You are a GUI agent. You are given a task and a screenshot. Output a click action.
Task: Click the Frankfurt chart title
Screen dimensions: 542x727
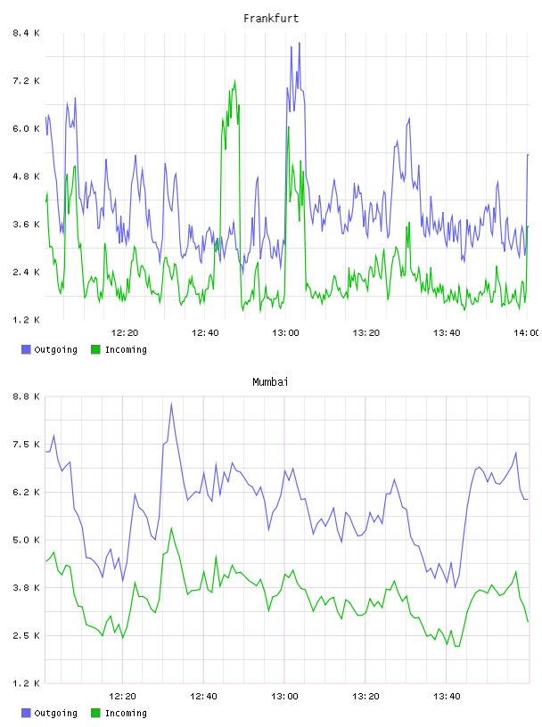[x=271, y=19]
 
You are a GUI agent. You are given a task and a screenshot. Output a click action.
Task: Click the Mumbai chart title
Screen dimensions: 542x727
[x=270, y=382]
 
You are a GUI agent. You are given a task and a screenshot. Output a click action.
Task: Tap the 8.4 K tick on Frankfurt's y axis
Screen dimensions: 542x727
[x=27, y=33]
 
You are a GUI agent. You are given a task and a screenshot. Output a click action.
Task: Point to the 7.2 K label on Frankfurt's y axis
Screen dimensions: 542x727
[x=27, y=81]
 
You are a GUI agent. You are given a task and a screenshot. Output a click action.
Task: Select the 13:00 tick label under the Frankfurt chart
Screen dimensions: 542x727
[x=285, y=332]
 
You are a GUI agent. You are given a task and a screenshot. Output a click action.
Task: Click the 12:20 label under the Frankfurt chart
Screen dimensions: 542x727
[x=125, y=332]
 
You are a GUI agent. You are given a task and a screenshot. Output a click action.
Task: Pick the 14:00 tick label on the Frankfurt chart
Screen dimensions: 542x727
[x=527, y=332]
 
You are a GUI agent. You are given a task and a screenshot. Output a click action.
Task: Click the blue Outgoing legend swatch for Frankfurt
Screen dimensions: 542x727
[x=26, y=349]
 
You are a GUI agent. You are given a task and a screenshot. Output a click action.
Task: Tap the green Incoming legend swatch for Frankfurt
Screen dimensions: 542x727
[x=95, y=349]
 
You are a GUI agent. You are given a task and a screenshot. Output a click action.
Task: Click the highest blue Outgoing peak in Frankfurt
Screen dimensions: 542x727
[x=300, y=43]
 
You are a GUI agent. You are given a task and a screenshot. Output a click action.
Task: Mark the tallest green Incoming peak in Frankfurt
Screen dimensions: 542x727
[x=234, y=81]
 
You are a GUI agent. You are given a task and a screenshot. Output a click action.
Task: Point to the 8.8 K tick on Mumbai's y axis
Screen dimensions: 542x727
[x=27, y=396]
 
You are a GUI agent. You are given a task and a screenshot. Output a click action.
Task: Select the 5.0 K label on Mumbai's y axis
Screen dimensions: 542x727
[x=27, y=540]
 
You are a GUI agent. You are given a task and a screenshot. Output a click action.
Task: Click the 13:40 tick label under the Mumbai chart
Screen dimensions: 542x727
[x=447, y=696]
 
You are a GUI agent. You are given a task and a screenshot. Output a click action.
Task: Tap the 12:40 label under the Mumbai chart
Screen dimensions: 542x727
[x=203, y=696]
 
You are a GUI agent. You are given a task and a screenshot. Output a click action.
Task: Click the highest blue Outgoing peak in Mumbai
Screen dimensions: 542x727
[x=171, y=404]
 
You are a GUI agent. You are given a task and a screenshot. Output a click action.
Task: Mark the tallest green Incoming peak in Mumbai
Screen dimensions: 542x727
[x=171, y=528]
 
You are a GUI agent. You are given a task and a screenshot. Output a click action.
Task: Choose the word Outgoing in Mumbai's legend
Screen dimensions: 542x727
[x=55, y=713]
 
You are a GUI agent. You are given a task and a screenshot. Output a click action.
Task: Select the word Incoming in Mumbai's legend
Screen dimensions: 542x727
[x=126, y=713]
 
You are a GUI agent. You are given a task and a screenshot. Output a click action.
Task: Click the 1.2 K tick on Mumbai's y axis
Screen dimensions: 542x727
[x=27, y=683]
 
